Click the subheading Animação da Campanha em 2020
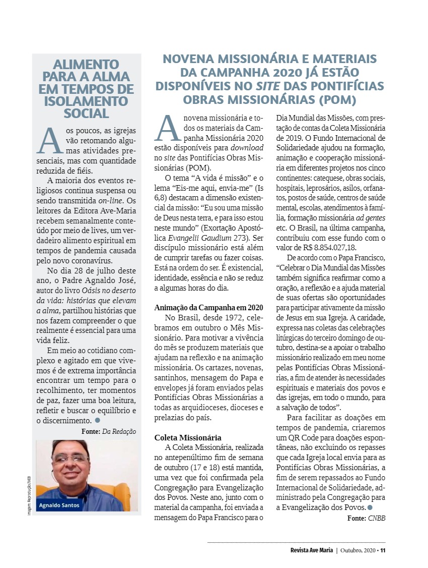coord(208,307)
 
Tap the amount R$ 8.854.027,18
coord(329,247)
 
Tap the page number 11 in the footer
coord(383,550)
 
